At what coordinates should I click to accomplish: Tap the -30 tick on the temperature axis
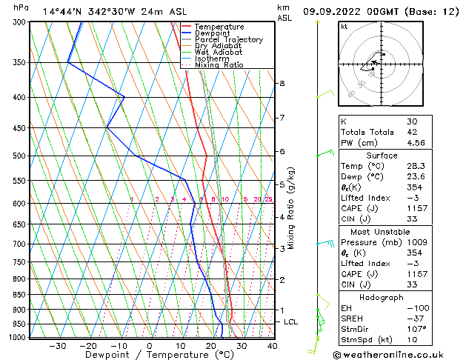[58, 346]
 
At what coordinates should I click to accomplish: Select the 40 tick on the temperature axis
[272, 346]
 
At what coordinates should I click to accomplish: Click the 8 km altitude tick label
[282, 84]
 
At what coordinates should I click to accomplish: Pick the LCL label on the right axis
[291, 322]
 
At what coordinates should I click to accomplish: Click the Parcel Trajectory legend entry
[228, 39]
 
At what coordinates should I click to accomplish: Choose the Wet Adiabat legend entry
[219, 52]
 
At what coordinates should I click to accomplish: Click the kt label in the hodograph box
[344, 27]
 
